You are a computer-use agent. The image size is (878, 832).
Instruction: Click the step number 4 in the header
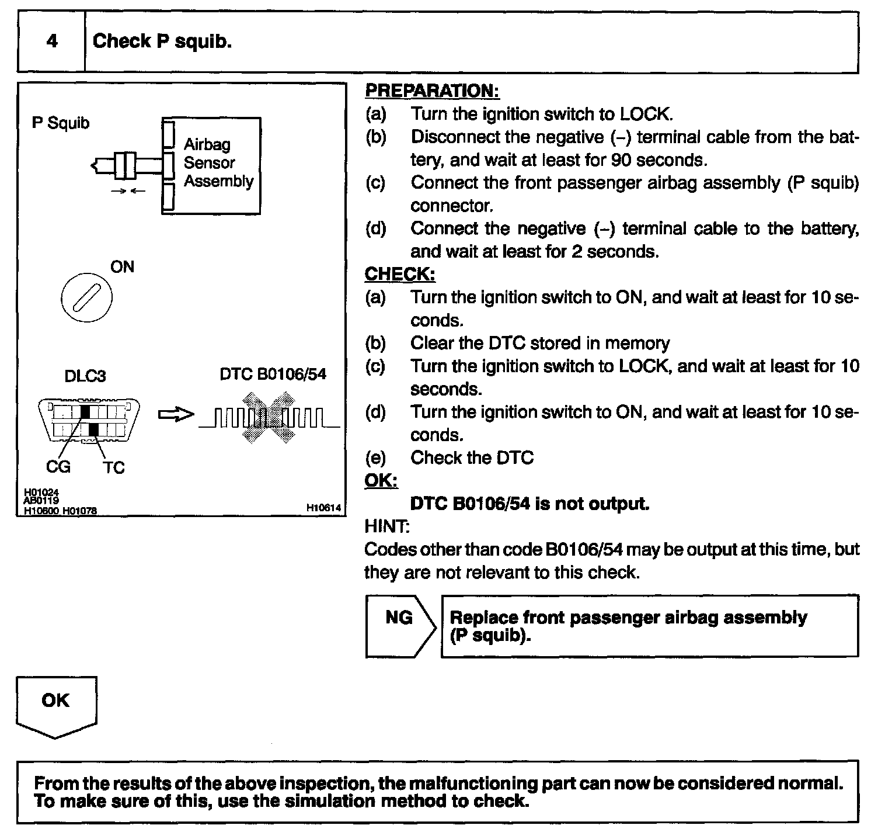pos(51,41)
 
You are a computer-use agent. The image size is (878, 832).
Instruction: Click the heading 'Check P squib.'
pos(162,41)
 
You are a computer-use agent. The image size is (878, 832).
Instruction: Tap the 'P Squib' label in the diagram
pos(61,123)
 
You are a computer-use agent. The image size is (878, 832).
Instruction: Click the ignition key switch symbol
pos(86,298)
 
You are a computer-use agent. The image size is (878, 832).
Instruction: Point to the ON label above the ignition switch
pos(122,267)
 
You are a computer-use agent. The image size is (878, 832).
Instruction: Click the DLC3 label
pos(85,376)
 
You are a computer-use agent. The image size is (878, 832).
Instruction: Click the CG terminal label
pos(58,467)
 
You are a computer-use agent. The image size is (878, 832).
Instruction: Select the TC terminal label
pos(114,467)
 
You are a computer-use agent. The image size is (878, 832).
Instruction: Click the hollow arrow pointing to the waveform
pos(176,415)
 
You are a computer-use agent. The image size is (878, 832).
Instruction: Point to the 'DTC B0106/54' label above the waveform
pos(273,375)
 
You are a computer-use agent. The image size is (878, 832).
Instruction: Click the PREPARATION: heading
pos(432,91)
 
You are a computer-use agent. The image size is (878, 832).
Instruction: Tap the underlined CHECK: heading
pos(400,274)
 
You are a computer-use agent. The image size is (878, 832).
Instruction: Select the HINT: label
pos(387,526)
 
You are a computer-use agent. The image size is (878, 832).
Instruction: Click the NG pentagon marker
pos(400,626)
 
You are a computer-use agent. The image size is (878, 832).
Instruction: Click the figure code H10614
pos(323,508)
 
